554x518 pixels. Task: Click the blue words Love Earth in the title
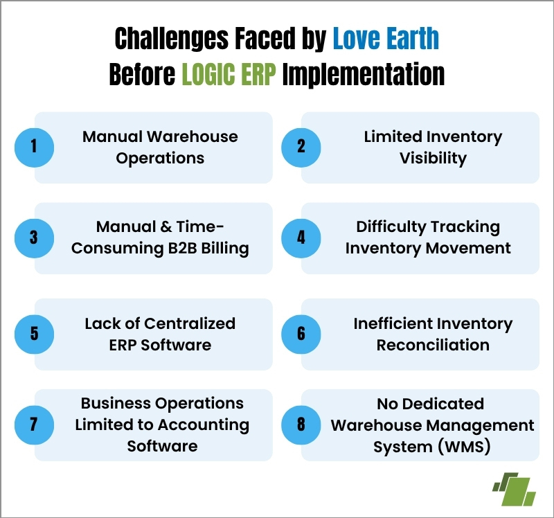point(386,38)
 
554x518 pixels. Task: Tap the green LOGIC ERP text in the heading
point(229,74)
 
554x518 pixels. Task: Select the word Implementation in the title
point(363,75)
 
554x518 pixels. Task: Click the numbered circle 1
point(34,148)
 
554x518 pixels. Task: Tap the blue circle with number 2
point(301,148)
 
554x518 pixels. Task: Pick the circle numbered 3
point(34,238)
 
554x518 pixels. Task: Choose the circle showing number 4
point(301,238)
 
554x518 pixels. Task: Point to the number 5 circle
point(34,334)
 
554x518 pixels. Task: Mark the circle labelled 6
point(301,334)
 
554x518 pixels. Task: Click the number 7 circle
point(34,425)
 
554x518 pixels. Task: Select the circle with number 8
point(301,425)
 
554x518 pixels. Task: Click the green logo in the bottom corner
point(515,490)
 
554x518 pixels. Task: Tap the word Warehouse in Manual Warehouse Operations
point(193,136)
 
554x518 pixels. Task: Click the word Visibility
point(433,159)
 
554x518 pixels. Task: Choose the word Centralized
point(190,323)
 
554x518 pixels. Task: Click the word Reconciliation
point(433,345)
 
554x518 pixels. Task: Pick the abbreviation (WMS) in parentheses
point(464,447)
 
